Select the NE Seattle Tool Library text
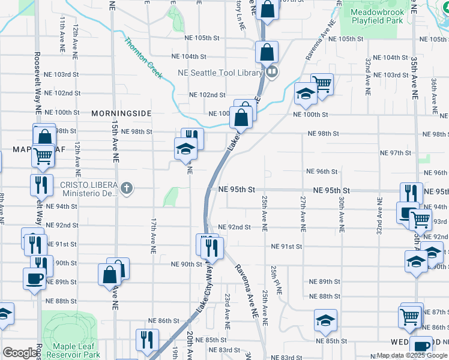pos(220,73)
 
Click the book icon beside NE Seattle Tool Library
pos(272,73)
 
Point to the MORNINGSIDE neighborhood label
pos(121,113)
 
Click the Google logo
pos(20,353)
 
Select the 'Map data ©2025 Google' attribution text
pos(412,355)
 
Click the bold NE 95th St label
pos(237,189)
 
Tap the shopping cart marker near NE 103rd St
pos(322,84)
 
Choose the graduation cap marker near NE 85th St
pos(325,320)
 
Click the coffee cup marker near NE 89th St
pos(34,278)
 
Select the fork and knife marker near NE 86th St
pos(146,340)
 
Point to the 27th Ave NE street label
pos(302,213)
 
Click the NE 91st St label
pos(286,247)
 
